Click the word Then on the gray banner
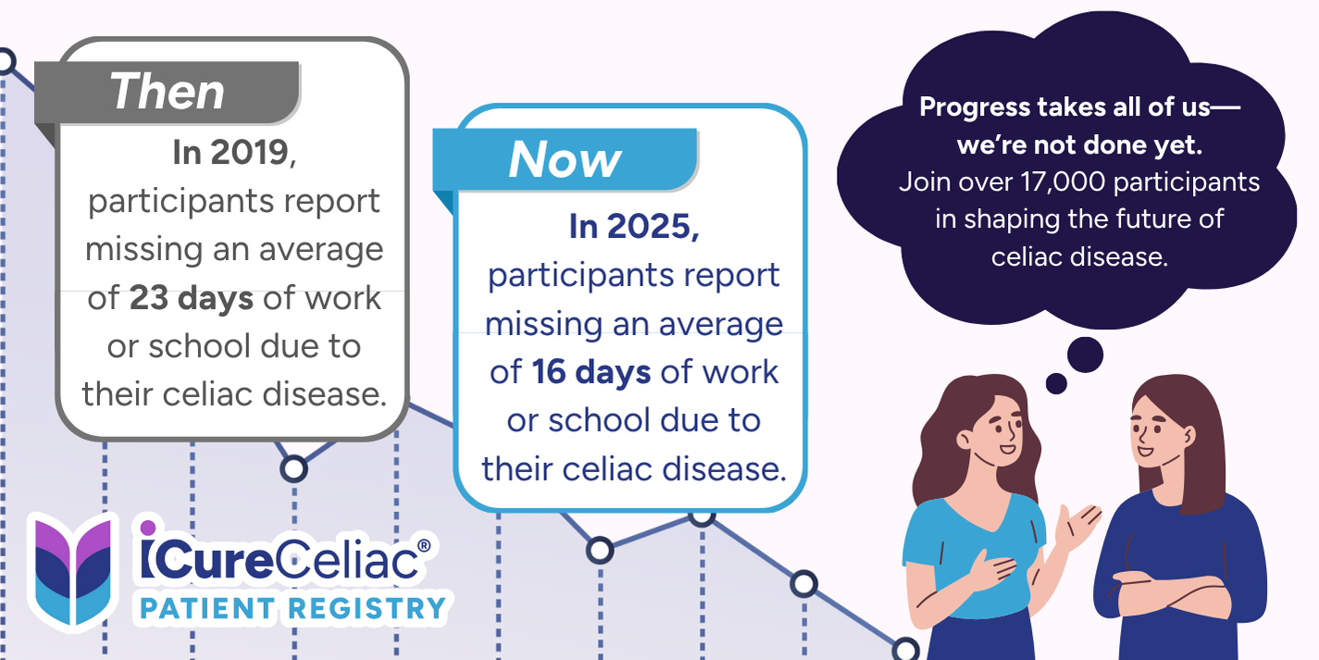click(168, 92)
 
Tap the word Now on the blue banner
click(565, 159)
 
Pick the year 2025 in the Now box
click(648, 226)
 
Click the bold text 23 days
click(192, 298)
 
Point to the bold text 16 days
click(591, 372)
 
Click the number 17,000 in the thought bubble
click(1064, 182)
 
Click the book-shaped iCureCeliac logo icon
click(72, 570)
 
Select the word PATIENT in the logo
click(207, 608)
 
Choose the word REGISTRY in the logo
click(367, 608)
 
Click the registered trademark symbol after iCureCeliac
click(423, 546)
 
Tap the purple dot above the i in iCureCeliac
click(148, 527)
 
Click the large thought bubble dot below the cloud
click(1085, 355)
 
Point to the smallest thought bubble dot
click(1056, 383)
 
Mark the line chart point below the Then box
click(293, 469)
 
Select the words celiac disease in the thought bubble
click(1078, 257)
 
